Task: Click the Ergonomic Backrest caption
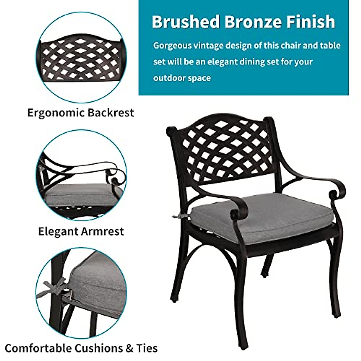point(81,113)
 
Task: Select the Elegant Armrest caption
point(81,231)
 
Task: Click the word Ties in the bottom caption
point(147,348)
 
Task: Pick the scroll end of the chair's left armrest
point(235,214)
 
